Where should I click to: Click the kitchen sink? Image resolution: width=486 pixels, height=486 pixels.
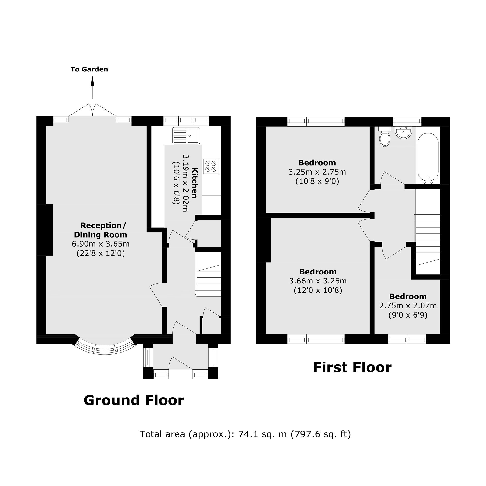[186, 136]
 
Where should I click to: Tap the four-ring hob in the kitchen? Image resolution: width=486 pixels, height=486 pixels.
[211, 166]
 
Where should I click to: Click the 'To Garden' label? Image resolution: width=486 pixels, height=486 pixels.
[89, 69]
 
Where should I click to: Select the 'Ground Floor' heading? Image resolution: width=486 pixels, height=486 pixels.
[134, 400]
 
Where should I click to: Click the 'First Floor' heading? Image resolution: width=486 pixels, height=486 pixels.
[352, 367]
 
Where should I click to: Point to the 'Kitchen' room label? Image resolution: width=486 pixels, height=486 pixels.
[194, 183]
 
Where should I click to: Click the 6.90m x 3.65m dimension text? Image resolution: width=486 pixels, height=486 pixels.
[101, 244]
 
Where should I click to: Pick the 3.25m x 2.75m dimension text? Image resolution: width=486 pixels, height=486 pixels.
[317, 172]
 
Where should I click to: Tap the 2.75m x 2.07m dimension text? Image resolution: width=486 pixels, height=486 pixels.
[408, 305]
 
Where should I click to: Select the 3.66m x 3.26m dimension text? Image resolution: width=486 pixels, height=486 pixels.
[318, 281]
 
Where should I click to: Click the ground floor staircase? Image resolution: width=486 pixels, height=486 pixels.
[209, 274]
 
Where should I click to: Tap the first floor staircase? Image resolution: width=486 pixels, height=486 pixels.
[427, 240]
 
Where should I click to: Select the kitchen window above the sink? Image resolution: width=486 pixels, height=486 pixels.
[186, 121]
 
